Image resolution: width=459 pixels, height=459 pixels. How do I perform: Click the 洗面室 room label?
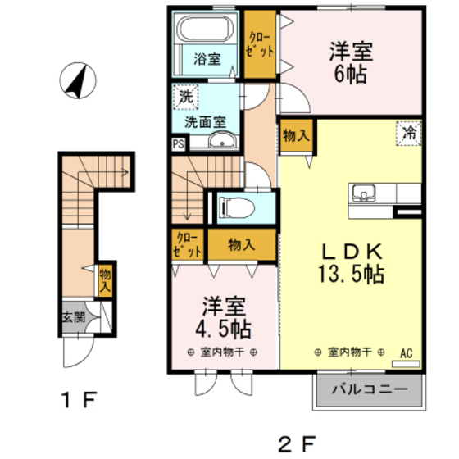[x=205, y=122]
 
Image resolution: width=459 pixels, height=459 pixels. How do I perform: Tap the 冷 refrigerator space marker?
[x=407, y=131]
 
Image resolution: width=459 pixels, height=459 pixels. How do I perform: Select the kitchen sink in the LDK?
[x=364, y=195]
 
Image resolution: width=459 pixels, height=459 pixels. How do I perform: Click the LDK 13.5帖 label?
[x=351, y=262]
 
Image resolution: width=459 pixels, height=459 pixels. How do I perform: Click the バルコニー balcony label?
[x=370, y=391]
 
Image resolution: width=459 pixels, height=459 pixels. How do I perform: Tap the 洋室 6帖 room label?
[x=352, y=61]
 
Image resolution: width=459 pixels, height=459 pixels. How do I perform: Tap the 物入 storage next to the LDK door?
[x=294, y=134]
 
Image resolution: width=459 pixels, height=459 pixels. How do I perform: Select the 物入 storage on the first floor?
[x=105, y=280]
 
